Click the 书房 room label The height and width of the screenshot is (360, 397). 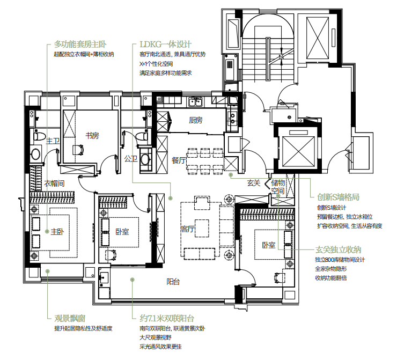[x=92, y=136]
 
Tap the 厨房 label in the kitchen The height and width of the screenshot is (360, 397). [x=195, y=120]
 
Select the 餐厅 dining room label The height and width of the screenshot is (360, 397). [x=179, y=160]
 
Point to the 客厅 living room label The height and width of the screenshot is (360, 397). [x=187, y=229]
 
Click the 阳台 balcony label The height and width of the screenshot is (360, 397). [x=173, y=282]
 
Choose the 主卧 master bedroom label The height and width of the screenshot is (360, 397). [x=57, y=232]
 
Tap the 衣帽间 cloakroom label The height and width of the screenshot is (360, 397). [x=54, y=183]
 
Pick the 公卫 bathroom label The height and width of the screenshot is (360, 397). [x=131, y=159]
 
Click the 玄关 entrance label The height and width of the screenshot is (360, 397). [x=254, y=182]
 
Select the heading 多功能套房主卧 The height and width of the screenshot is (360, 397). [x=80, y=45]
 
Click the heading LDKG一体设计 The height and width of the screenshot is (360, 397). [x=166, y=45]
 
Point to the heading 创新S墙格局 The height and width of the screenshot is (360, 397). [x=339, y=197]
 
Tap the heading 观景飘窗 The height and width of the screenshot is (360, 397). [x=70, y=318]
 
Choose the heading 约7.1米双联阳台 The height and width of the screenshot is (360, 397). [x=167, y=318]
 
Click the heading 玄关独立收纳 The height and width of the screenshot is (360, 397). [x=339, y=250]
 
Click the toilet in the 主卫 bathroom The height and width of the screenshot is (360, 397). [x=39, y=136]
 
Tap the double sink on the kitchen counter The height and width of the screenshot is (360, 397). [x=195, y=102]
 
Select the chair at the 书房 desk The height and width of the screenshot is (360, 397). [x=79, y=150]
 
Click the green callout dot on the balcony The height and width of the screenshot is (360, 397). [x=132, y=280]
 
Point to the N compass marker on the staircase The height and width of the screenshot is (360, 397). [x=281, y=57]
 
